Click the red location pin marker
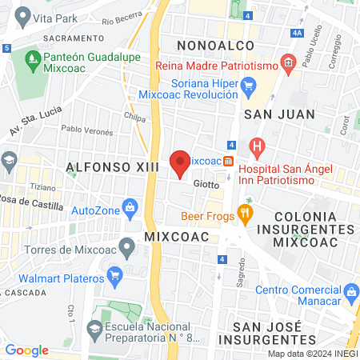coord(181,163)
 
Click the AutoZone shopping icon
coord(131,210)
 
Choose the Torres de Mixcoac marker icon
coord(126,246)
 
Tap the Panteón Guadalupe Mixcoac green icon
coord(33,58)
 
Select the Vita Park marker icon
coord(22,15)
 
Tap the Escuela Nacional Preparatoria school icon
coord(94,328)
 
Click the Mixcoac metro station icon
coord(229,160)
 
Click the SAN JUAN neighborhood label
coord(275,114)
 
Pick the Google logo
coord(27,350)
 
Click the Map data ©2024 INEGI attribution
coord(312,354)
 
